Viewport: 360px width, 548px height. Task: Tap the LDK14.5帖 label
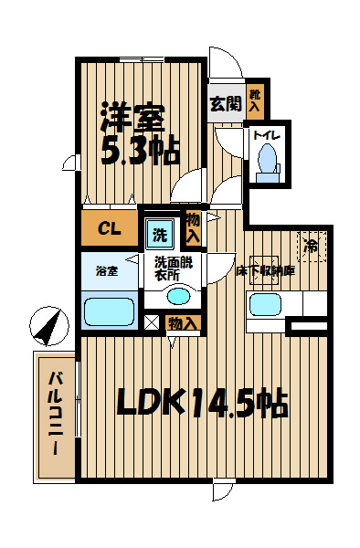pos(202,402)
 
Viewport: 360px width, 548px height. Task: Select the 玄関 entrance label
pos(226,103)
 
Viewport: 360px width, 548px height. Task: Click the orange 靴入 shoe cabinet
pos(256,101)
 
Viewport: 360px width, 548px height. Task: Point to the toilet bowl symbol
pos(268,163)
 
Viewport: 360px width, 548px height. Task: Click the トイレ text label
pos(266,135)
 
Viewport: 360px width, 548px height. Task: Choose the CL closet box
pos(110,227)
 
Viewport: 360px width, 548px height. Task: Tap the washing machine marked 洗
pos(160,234)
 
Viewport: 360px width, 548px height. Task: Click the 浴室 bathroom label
pos(107,271)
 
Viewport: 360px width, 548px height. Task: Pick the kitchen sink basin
pos(266,304)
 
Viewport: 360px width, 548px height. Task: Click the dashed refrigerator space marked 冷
pos(312,246)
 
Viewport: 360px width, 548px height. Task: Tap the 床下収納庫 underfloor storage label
pos(266,270)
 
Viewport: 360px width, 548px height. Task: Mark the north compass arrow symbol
pos(49,326)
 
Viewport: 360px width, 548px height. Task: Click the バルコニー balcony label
pos(56,414)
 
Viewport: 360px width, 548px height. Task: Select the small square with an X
pos(152,322)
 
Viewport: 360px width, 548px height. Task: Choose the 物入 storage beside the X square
pos(183,323)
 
